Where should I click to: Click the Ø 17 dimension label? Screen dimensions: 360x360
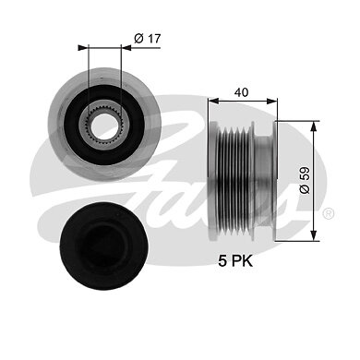[148, 39]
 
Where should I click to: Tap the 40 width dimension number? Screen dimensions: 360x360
[241, 92]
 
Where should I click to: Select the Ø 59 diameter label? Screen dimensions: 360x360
[305, 181]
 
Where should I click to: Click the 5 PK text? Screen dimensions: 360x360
[235, 261]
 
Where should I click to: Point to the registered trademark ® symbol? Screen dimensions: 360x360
[329, 213]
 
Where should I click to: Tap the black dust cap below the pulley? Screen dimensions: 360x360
[103, 246]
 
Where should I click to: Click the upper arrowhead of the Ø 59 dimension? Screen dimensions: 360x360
[314, 126]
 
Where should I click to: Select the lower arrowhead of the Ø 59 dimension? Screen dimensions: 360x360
[314, 235]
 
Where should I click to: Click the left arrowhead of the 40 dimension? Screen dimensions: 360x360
[213, 101]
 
